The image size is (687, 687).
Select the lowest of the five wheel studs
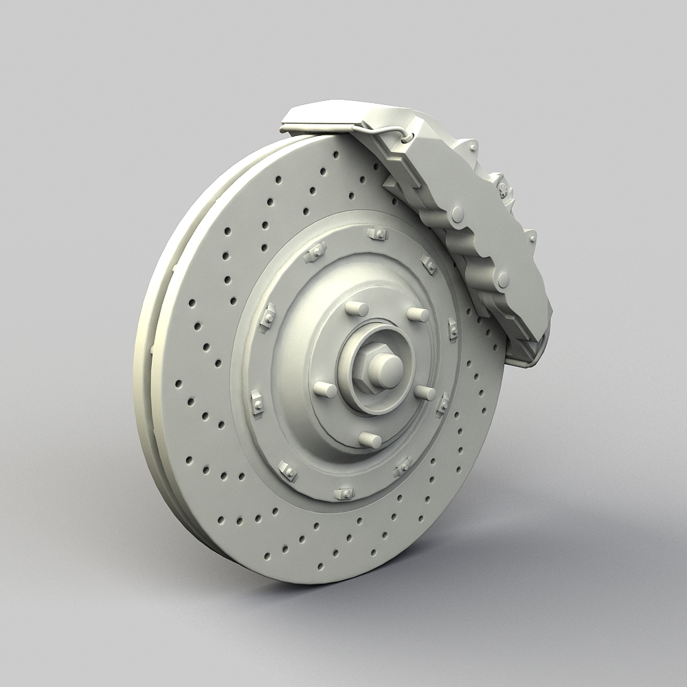(370, 440)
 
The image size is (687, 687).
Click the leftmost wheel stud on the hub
(325, 390)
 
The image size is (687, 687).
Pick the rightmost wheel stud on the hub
(425, 392)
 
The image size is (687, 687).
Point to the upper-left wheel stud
(356, 308)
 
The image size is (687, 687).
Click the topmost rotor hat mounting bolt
(377, 234)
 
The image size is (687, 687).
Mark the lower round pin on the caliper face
(504, 279)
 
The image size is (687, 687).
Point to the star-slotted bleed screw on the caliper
(503, 187)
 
